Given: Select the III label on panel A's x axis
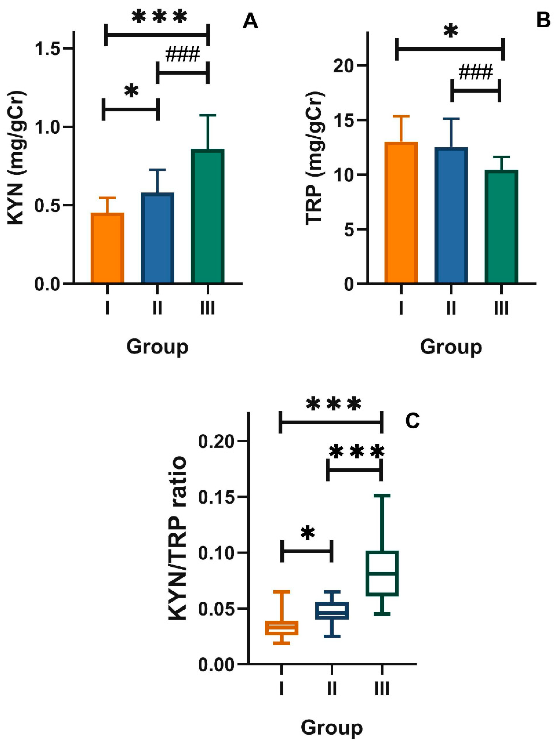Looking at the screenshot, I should tap(208, 307).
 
